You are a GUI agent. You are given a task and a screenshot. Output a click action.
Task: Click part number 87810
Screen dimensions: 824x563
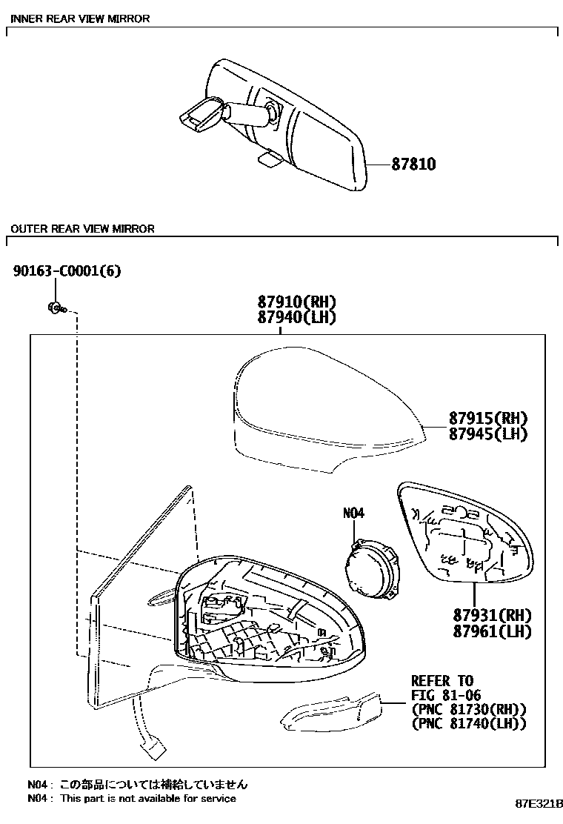(414, 165)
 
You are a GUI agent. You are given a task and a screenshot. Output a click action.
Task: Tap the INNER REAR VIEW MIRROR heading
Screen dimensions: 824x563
(80, 19)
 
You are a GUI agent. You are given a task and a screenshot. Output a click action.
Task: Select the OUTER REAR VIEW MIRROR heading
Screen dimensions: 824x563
(82, 229)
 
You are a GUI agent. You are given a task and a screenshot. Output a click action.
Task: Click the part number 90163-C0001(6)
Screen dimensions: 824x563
(67, 271)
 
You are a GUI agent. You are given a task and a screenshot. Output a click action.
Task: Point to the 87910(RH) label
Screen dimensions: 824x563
(297, 302)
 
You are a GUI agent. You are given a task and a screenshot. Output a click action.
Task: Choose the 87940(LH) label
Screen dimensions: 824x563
(297, 317)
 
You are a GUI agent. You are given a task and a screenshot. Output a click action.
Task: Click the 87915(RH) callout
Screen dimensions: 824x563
(487, 417)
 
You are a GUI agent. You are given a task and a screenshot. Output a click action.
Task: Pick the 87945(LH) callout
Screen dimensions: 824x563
(487, 433)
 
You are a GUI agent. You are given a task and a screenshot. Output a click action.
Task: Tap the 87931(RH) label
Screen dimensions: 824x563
(493, 615)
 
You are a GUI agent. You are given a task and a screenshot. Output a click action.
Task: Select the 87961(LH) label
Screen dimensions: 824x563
(493, 631)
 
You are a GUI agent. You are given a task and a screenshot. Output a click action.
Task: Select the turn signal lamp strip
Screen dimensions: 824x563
(332, 711)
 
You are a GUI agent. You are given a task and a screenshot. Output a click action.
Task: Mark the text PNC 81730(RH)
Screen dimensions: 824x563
(468, 709)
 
